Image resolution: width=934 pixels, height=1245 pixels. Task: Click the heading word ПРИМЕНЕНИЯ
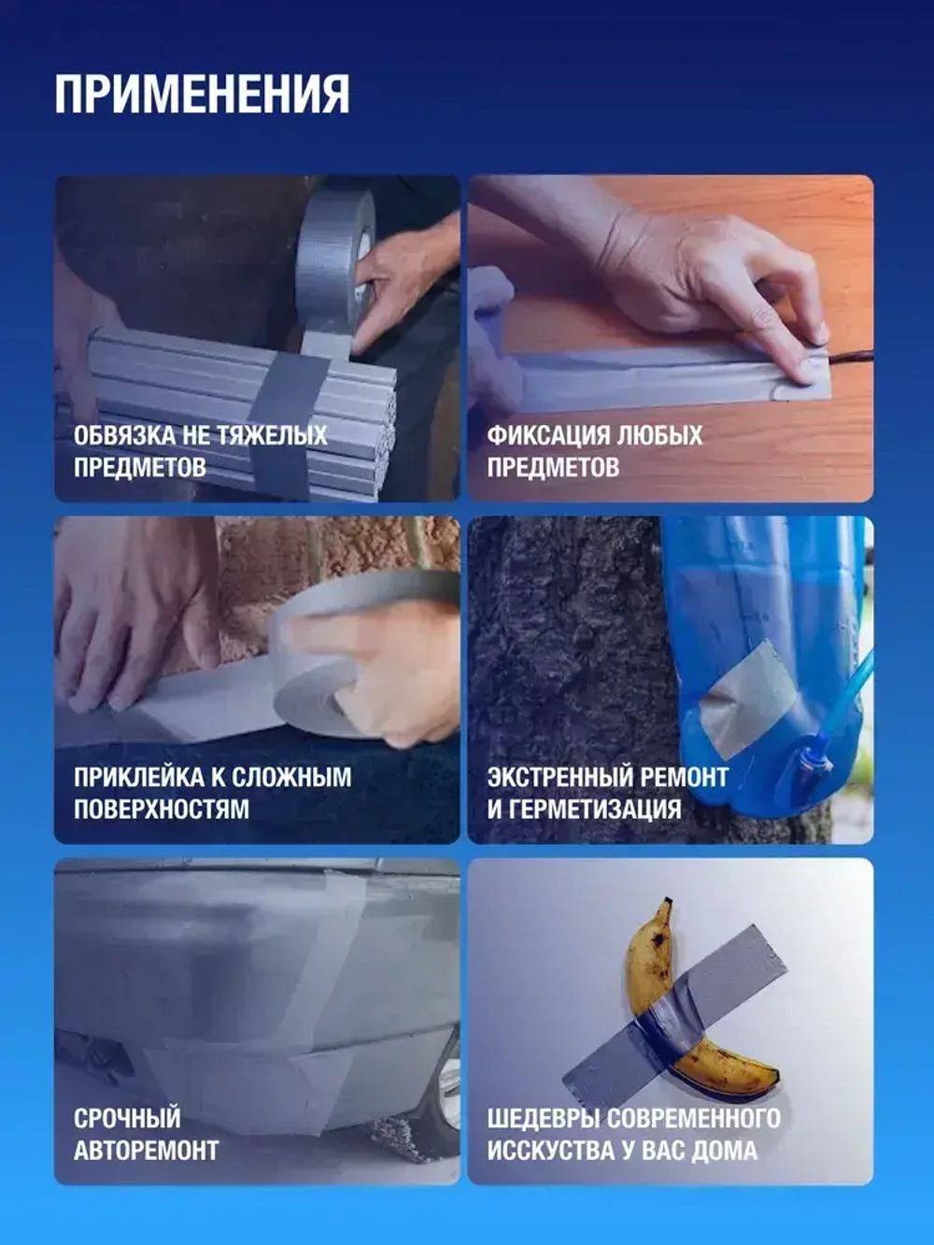point(202,93)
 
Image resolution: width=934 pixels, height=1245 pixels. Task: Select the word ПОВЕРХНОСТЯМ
point(162,809)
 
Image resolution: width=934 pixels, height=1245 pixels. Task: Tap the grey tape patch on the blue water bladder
point(747,700)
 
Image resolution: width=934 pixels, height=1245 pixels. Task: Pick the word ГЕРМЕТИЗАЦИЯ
point(592,809)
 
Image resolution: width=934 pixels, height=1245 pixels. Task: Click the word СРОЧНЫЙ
point(127,1118)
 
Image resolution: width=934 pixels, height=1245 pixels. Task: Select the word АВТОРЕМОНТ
point(146,1150)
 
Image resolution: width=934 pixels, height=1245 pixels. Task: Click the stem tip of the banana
point(665,904)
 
